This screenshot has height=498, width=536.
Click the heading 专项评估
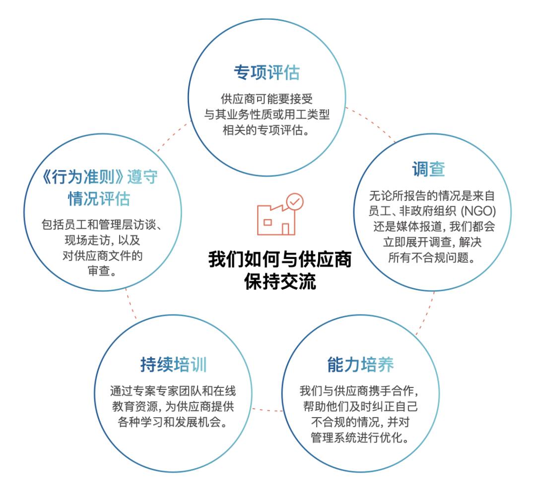(x=267, y=73)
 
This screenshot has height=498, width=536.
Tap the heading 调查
(x=428, y=170)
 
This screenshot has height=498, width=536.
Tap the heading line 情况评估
(x=99, y=199)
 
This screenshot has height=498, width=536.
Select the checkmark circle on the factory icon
(x=294, y=201)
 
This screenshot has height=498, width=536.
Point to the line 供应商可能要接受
(x=268, y=99)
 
